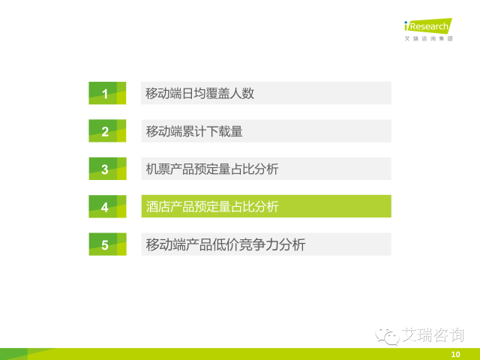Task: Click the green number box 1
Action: pos(107,93)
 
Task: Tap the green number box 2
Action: pos(107,130)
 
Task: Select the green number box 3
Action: pos(107,169)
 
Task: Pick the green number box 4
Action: pos(107,206)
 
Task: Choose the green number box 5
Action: pos(107,244)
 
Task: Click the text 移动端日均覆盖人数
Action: pos(199,93)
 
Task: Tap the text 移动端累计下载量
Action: pos(194,131)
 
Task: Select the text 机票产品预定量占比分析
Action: pos(212,169)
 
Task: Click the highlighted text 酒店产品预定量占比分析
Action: pos(212,207)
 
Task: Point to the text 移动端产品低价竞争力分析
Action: pos(226,244)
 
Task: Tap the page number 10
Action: pos(455,354)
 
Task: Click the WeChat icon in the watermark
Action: pos(387,336)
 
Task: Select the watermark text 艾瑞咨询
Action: pos(433,335)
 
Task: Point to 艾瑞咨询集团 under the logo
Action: pos(428,38)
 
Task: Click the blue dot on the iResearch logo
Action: pos(406,22)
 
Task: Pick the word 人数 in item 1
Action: pos(241,93)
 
